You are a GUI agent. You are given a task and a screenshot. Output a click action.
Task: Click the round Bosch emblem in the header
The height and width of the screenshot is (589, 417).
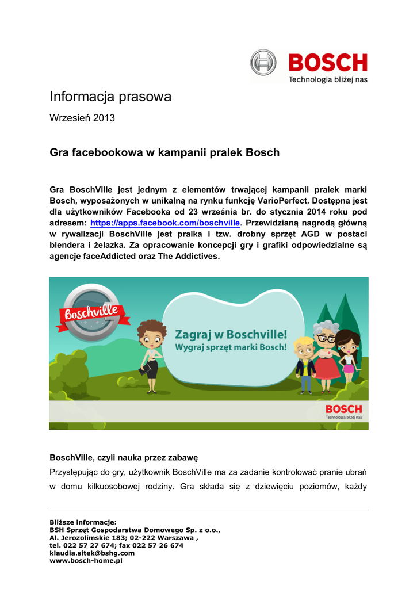(x=263, y=62)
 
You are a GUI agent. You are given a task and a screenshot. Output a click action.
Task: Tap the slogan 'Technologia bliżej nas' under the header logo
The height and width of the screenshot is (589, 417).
(x=327, y=79)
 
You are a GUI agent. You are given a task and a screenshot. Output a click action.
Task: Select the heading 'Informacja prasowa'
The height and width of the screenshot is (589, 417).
(x=110, y=97)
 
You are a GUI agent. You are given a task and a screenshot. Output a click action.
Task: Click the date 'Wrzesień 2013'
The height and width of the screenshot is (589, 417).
(x=82, y=118)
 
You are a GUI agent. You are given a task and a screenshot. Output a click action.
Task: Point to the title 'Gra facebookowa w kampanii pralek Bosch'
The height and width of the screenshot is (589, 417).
(x=164, y=153)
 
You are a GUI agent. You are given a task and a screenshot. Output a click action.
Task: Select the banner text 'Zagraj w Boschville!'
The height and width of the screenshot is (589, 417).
(x=231, y=335)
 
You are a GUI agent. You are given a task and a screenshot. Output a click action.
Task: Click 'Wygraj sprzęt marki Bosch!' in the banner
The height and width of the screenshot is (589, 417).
(x=231, y=347)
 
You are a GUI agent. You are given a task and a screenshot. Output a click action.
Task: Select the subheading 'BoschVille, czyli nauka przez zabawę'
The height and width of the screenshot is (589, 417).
(x=124, y=458)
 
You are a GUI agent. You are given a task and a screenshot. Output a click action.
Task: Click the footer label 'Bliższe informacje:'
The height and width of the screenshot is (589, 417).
(x=83, y=522)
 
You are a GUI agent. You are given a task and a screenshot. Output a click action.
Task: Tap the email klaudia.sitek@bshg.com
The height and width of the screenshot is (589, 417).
(x=92, y=553)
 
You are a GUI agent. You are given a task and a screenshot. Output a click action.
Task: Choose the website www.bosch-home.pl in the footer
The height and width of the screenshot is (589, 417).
(x=86, y=560)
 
